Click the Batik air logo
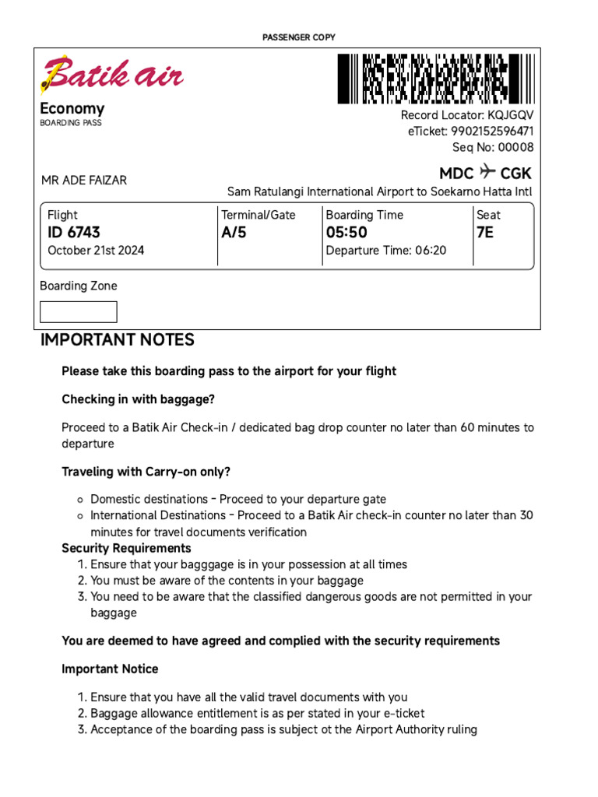[x=111, y=75]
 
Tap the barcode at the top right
[x=435, y=79]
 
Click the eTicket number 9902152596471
[x=492, y=132]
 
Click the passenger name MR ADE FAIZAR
[x=84, y=181]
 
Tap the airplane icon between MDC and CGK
[x=487, y=171]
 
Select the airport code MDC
[x=456, y=173]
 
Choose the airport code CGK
[x=516, y=173]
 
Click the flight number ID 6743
[x=74, y=233]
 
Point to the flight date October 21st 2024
[x=96, y=251]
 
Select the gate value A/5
[x=234, y=233]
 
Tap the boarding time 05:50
[x=346, y=233]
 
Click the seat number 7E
[x=485, y=233]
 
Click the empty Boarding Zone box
[x=79, y=312]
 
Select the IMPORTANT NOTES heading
[x=118, y=340]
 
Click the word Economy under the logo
[x=72, y=109]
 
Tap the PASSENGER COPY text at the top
[x=299, y=37]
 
